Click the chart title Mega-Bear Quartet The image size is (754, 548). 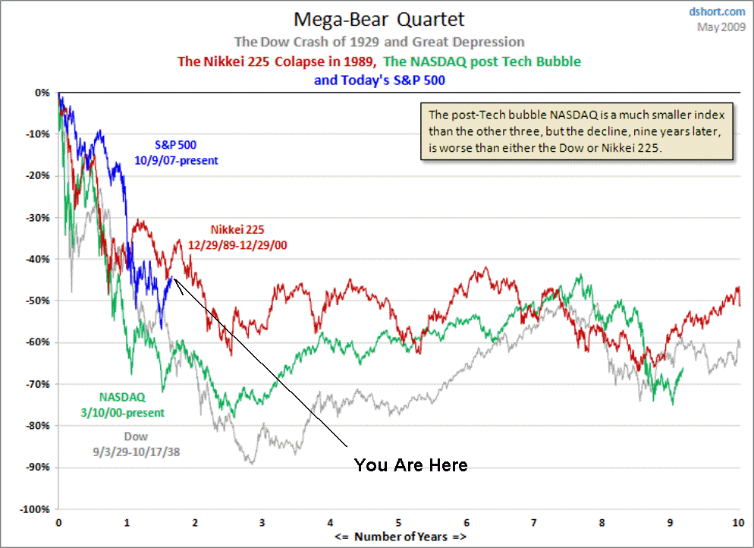379,18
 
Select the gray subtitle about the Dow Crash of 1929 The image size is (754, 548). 379,42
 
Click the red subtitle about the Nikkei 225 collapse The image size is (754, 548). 277,61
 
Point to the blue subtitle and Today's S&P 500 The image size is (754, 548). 379,80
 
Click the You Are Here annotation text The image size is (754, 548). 410,465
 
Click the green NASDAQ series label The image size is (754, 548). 132,404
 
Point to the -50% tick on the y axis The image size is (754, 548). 37,301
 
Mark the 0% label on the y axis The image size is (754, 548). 42,93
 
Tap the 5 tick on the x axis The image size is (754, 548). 398,523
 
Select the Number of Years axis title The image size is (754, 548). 400,537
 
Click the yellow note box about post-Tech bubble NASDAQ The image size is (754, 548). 576,132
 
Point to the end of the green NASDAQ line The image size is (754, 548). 683,368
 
